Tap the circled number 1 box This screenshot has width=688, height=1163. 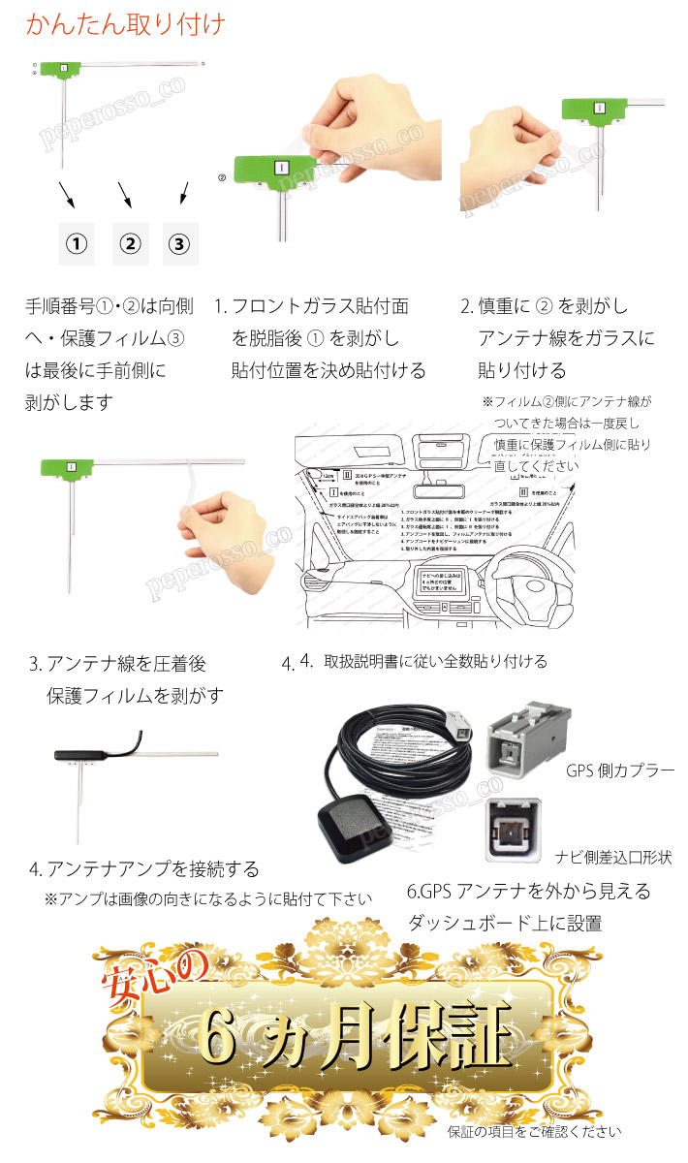(76, 243)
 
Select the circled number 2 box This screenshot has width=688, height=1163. (130, 243)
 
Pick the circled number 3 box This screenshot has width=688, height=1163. (178, 243)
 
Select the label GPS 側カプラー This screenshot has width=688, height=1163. (619, 771)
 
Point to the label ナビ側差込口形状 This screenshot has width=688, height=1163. (613, 858)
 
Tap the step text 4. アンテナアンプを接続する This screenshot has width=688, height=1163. (143, 868)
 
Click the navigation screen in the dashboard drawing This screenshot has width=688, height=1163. (435, 579)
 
